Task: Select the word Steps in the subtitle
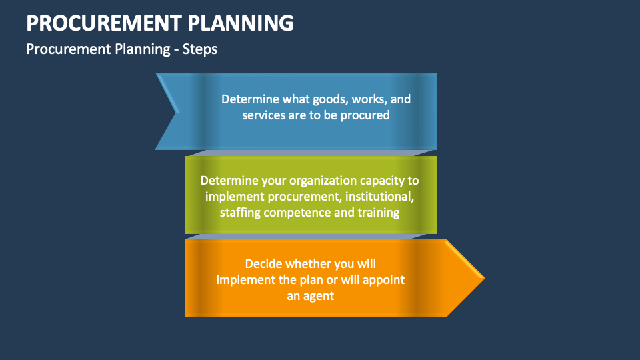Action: [201, 49]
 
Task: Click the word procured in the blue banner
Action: [366, 115]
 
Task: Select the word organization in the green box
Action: [316, 181]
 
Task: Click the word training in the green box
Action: [379, 213]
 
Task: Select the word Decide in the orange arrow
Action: [263, 263]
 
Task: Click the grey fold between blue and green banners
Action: [311, 153]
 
